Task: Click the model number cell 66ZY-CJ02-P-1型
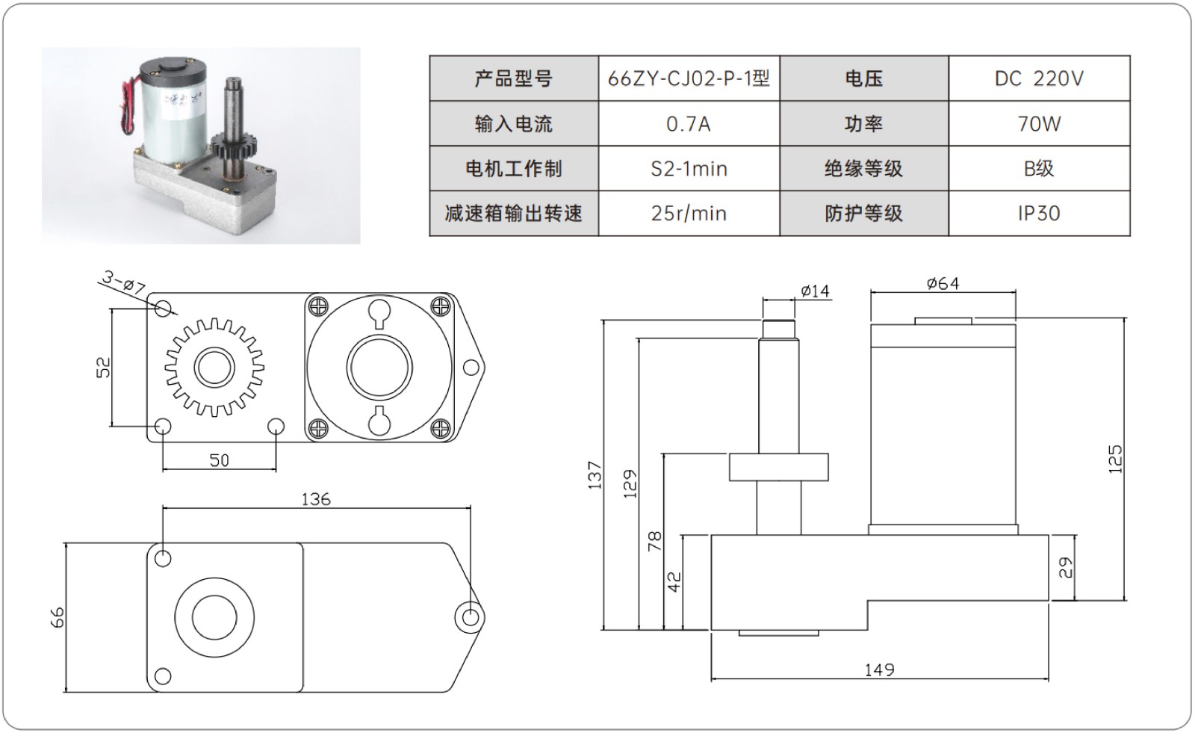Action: click(689, 78)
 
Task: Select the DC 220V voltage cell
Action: click(1038, 78)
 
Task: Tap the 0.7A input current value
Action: click(689, 124)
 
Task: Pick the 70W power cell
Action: click(1038, 124)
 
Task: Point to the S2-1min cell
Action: click(689, 169)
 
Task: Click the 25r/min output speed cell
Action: click(689, 214)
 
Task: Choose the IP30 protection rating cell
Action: click(1038, 214)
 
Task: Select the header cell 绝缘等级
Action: click(863, 169)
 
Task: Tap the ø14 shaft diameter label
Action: click(815, 291)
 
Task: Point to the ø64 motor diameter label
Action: click(943, 283)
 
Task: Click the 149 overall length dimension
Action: click(879, 669)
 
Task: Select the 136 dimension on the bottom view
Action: click(315, 498)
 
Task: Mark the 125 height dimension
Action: click(1115, 459)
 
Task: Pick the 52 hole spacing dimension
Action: click(103, 367)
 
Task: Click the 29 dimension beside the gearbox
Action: click(1066, 567)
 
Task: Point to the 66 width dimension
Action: click(58, 617)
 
